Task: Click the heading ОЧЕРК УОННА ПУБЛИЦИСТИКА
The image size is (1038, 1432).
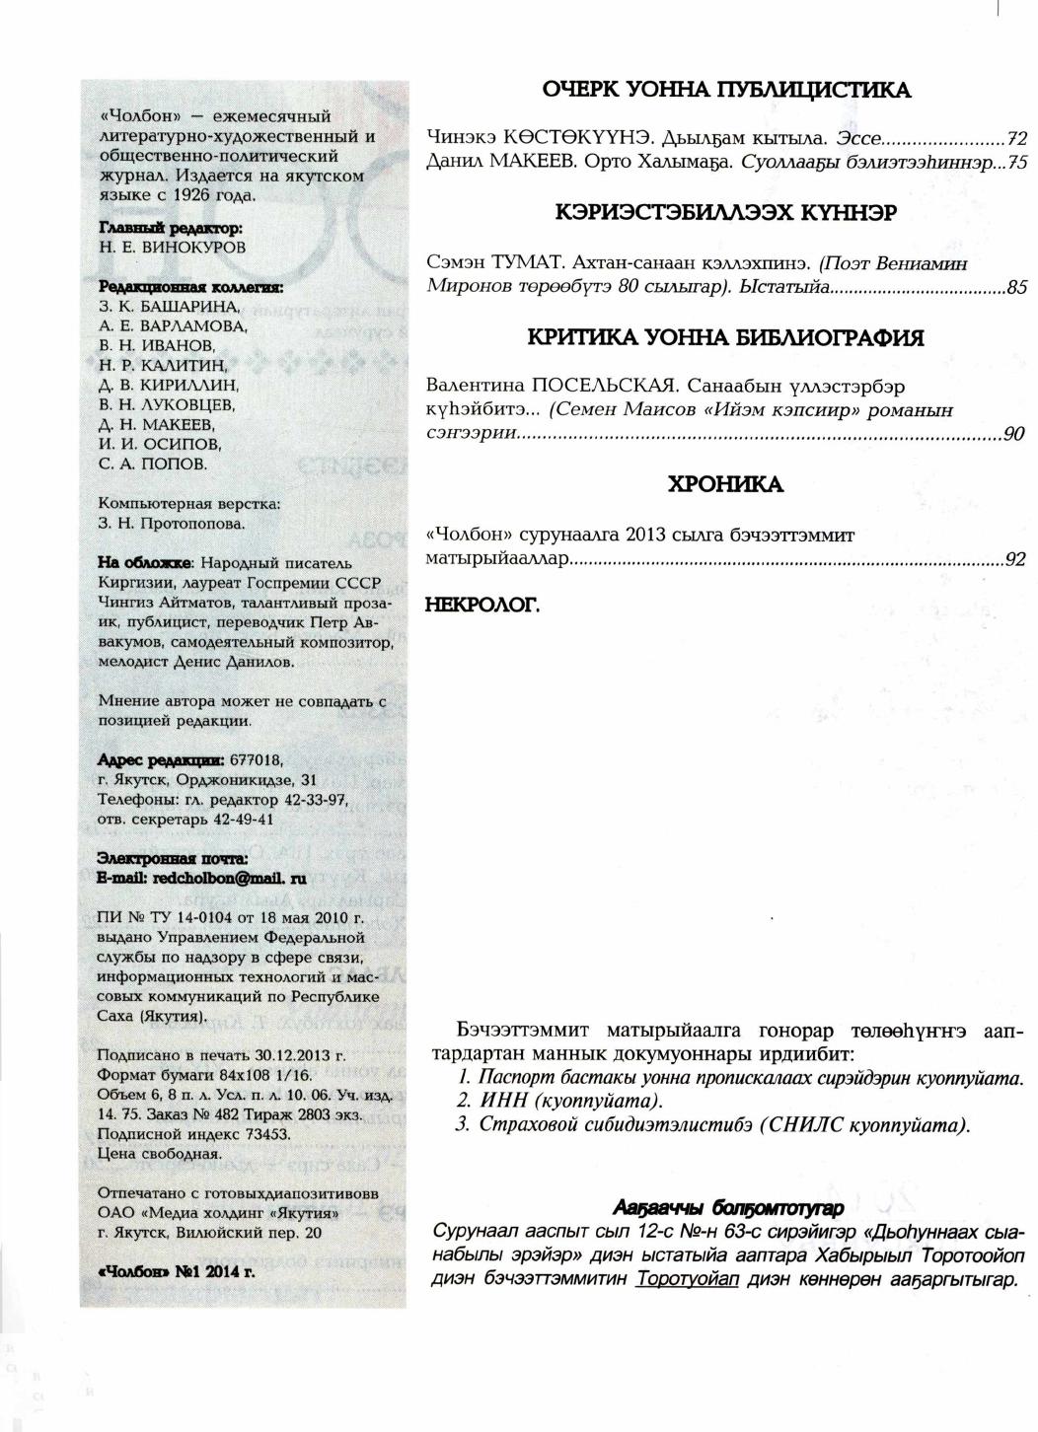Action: tap(726, 90)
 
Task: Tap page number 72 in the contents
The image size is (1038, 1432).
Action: tap(1016, 138)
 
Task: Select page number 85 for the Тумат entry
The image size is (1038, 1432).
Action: tap(1016, 288)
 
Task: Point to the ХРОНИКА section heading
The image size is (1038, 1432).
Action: tap(725, 485)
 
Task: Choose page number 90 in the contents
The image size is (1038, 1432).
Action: tap(1013, 434)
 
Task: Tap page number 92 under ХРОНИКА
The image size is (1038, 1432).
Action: tap(1015, 559)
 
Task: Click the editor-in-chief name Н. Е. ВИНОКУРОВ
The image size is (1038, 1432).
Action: tap(173, 248)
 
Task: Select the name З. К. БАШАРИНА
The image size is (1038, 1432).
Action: tap(169, 307)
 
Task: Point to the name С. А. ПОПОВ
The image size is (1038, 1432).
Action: tap(153, 464)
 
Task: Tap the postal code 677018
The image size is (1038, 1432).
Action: tap(257, 760)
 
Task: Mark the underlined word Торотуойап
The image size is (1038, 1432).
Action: tap(688, 1280)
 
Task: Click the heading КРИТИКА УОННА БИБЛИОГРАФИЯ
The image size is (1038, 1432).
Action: tap(725, 338)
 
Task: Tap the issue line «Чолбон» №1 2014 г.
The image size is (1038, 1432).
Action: tap(177, 1271)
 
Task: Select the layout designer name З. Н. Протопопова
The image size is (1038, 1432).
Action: tap(172, 524)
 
